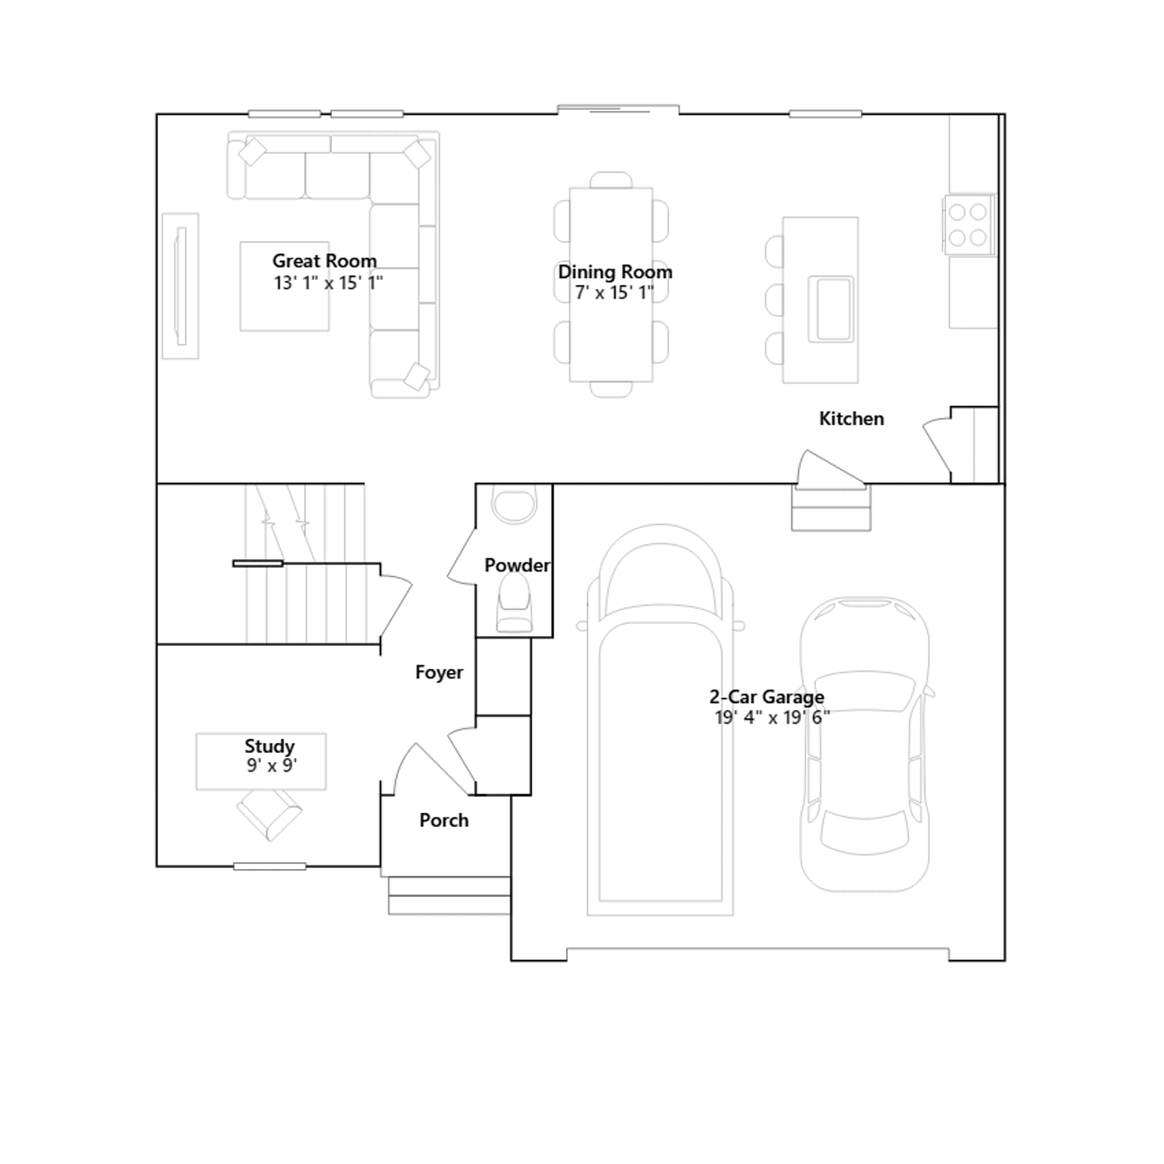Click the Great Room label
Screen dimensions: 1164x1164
pyautogui.click(x=324, y=260)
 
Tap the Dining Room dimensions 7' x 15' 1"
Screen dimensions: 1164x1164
pyautogui.click(x=615, y=292)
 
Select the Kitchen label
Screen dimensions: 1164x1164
pyautogui.click(x=851, y=418)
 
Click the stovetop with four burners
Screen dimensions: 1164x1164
pyautogui.click(x=968, y=224)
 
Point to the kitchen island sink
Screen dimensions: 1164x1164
pyautogui.click(x=831, y=308)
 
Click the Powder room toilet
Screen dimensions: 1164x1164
pyautogui.click(x=514, y=604)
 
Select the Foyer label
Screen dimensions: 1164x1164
pyautogui.click(x=439, y=672)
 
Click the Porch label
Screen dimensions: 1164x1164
pyautogui.click(x=444, y=820)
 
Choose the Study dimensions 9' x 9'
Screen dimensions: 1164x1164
pyautogui.click(x=272, y=765)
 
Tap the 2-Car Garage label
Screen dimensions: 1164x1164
pyautogui.click(x=767, y=696)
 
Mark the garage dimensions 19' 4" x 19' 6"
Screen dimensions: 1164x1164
pyautogui.click(x=772, y=717)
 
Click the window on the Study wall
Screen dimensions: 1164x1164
pyautogui.click(x=270, y=866)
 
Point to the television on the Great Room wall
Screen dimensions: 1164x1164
pyautogui.click(x=180, y=286)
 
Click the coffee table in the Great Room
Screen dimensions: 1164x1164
pyautogui.click(x=284, y=287)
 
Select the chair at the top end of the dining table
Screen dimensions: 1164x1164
pyautogui.click(x=611, y=180)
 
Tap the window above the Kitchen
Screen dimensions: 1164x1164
pyautogui.click(x=825, y=113)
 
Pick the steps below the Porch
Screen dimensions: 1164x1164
pyautogui.click(x=449, y=896)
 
